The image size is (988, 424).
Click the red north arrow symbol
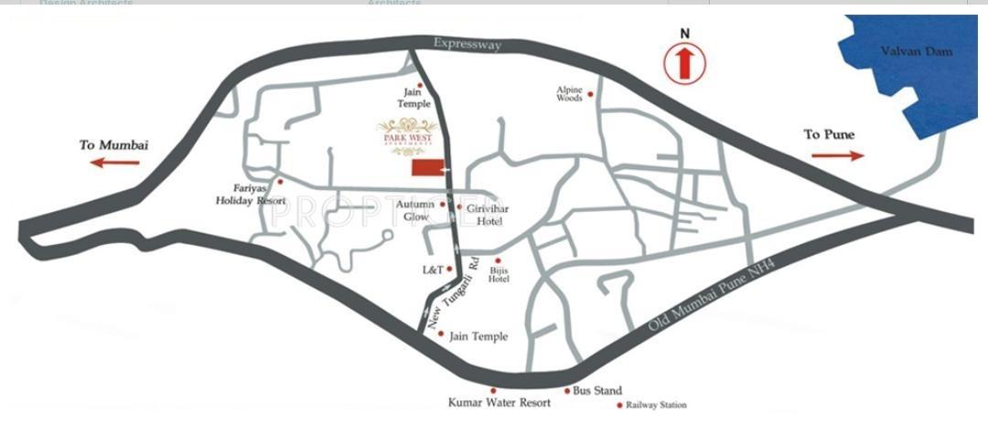point(682,63)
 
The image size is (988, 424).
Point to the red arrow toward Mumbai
point(115,163)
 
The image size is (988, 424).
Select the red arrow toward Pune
point(837,155)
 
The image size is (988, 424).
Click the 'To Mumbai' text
point(113,144)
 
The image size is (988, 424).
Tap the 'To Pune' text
point(829,134)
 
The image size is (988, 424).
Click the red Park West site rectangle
point(425,169)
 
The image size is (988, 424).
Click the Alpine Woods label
point(569,94)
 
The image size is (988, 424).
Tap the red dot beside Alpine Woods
point(591,93)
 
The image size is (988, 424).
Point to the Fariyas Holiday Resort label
point(243,193)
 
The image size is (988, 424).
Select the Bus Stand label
point(597,391)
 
